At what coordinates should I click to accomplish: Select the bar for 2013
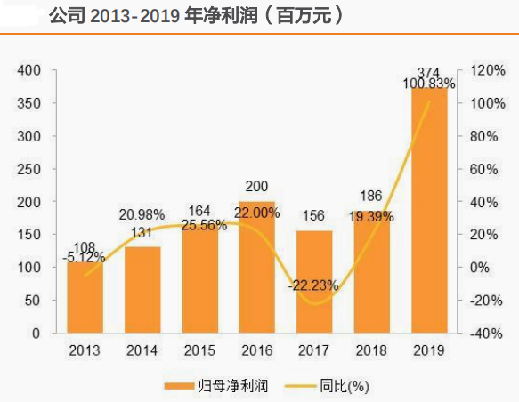(85, 298)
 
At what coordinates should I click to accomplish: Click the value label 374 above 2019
(429, 72)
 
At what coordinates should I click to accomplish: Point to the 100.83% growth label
(429, 84)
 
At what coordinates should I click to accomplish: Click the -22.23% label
(313, 285)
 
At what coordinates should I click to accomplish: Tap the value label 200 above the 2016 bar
(256, 187)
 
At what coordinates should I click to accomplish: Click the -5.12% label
(85, 257)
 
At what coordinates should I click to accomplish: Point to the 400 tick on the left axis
(30, 70)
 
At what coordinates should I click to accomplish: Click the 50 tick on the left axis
(34, 301)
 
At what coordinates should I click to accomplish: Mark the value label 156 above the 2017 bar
(313, 213)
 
